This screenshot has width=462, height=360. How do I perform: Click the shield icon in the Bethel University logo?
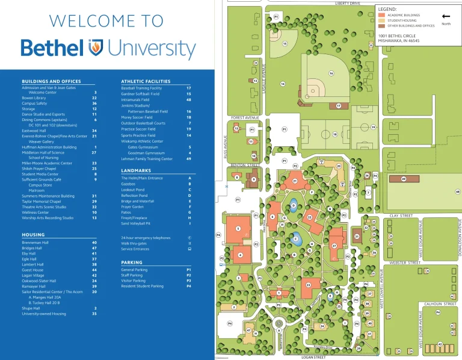96,47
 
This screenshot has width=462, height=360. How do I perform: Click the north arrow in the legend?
446,17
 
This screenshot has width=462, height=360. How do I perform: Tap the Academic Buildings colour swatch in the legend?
382,14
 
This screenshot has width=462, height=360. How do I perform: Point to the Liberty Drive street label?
347,3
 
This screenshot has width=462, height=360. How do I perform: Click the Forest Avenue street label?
244,117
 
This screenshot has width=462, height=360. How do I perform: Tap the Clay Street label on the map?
401,215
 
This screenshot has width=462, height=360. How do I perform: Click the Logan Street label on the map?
313,357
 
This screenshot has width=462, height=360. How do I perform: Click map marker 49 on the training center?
404,179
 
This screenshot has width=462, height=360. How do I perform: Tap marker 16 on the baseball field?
331,73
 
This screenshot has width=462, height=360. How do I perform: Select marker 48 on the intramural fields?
458,191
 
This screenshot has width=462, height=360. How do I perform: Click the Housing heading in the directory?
33,235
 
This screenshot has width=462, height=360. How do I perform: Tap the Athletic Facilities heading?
146,81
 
